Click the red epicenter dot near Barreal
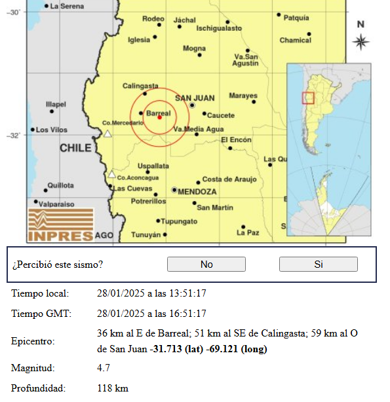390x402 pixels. click(x=159, y=117)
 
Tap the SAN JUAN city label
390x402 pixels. click(x=195, y=98)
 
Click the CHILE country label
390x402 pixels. click(x=75, y=149)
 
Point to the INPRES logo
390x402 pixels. click(x=60, y=225)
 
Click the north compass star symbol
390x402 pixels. click(x=361, y=43)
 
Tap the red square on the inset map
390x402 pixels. click(x=308, y=98)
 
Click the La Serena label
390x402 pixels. click(x=67, y=6)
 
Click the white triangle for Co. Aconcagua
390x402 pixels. click(x=112, y=174)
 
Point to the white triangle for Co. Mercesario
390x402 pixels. click(x=107, y=134)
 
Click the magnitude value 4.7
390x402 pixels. click(x=103, y=369)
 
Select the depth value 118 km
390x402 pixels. click(x=112, y=388)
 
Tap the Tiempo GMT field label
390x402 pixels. click(x=41, y=314)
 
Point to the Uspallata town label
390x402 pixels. click(x=153, y=166)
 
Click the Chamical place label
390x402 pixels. click(x=296, y=41)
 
